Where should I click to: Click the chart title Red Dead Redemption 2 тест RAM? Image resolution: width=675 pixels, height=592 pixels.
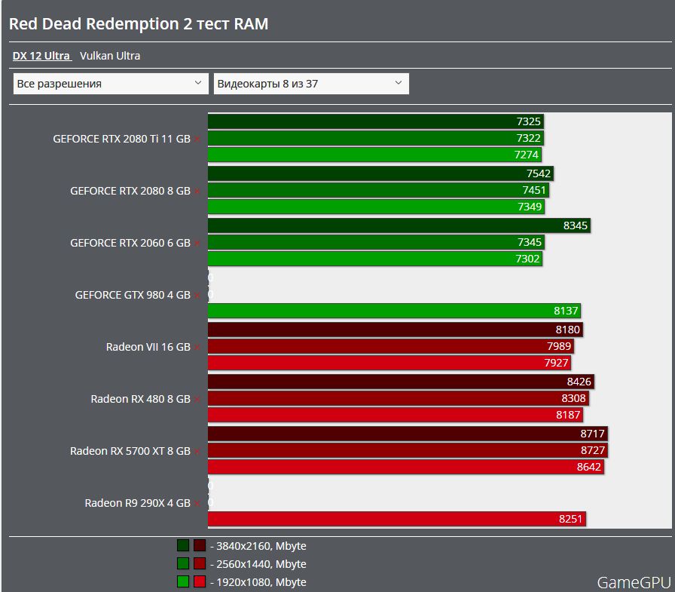tap(139, 24)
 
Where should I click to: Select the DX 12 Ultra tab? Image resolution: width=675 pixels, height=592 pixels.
tap(41, 56)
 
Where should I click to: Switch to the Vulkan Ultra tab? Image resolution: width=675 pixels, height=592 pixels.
tap(110, 56)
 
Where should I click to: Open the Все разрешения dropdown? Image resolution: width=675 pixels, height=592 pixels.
tap(110, 84)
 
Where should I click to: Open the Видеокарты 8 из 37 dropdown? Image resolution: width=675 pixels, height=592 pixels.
tap(310, 84)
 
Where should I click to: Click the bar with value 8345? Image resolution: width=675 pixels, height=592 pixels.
tap(399, 225)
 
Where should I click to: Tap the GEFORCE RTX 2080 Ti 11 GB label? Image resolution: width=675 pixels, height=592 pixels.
tap(121, 139)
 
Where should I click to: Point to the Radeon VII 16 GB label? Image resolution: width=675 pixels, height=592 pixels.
tap(148, 347)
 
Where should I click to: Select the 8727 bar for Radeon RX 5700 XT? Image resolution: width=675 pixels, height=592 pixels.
tap(408, 450)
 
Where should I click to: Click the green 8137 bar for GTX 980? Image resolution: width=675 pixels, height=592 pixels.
tap(394, 311)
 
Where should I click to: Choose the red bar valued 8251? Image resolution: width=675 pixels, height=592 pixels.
tap(396, 519)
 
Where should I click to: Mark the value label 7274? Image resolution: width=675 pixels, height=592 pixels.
tap(527, 155)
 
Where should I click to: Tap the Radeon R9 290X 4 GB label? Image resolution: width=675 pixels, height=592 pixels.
tap(137, 503)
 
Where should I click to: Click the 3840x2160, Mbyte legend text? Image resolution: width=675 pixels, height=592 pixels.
tap(261, 546)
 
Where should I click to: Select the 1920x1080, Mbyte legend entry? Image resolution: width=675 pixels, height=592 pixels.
tap(261, 582)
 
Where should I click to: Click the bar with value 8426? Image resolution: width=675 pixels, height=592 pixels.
tap(400, 382)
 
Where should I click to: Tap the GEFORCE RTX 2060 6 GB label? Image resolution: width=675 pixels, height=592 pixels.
tap(130, 243)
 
